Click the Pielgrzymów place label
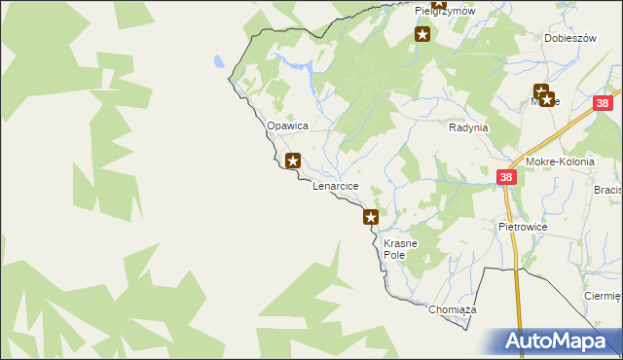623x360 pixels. (444, 11)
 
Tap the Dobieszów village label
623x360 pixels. (569, 39)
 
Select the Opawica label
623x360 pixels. (287, 126)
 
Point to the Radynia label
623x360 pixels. (467, 127)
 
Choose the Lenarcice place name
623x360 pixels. (336, 185)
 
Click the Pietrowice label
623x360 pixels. (523, 227)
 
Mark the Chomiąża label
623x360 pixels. (451, 309)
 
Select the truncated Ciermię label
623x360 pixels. (603, 296)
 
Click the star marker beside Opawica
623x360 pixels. (293, 160)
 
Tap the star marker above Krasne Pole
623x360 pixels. (371, 216)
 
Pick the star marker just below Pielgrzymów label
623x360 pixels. (422, 35)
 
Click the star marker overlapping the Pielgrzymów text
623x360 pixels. (438, 7)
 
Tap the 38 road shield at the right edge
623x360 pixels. (604, 103)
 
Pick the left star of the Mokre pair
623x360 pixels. (539, 92)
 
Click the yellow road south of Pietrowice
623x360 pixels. (518, 292)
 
